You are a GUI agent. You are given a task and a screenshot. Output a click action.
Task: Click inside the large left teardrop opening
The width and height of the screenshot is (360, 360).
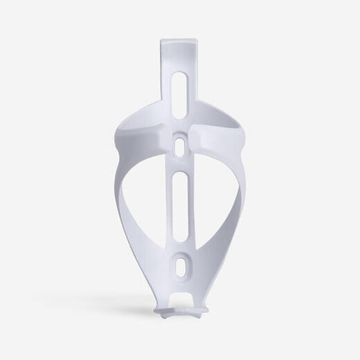[149, 201]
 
